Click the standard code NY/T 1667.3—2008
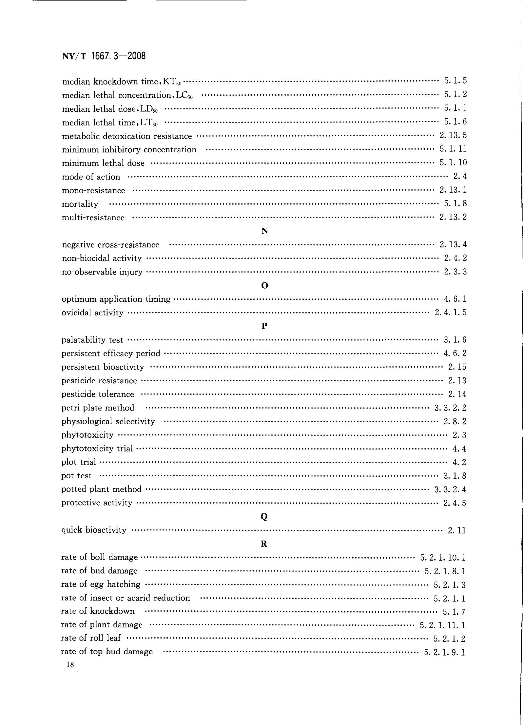pos(104,56)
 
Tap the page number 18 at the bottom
pos(70,665)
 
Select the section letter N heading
pos(264,231)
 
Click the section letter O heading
pos(264,285)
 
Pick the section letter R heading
pos(264,544)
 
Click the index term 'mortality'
pos(80,204)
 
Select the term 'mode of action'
pos(91,177)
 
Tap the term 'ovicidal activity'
pos(92,313)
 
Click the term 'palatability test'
pos(92,340)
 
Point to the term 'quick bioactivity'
pos(94,530)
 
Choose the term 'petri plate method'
pos(98,408)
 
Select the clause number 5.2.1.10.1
pos(443,557)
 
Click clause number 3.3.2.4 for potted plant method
pos(450,489)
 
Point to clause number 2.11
pos(456,530)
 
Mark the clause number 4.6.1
pos(455,299)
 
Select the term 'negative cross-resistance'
pos(110,245)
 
